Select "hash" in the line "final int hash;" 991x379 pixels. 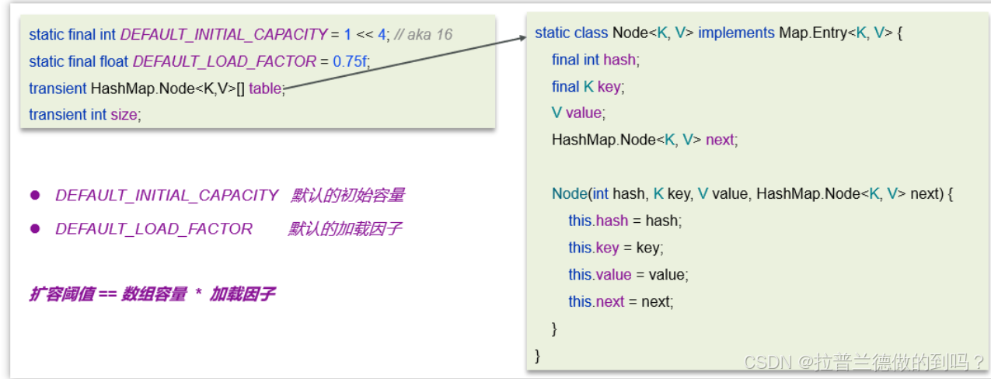[619, 60]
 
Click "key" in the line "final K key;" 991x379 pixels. [609, 86]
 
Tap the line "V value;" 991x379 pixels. [577, 113]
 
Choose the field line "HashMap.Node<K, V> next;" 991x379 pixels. [644, 140]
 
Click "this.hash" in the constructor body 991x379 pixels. [598, 221]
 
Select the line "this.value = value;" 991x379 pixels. [628, 274]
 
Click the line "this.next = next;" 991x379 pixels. [620, 301]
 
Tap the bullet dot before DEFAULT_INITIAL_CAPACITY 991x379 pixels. [34, 195]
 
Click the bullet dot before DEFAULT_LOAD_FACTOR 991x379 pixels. [34, 228]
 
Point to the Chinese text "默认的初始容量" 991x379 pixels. [347, 195]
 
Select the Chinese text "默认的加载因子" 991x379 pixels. [344, 229]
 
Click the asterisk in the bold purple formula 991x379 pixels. [198, 295]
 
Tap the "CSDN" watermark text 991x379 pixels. [766, 361]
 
